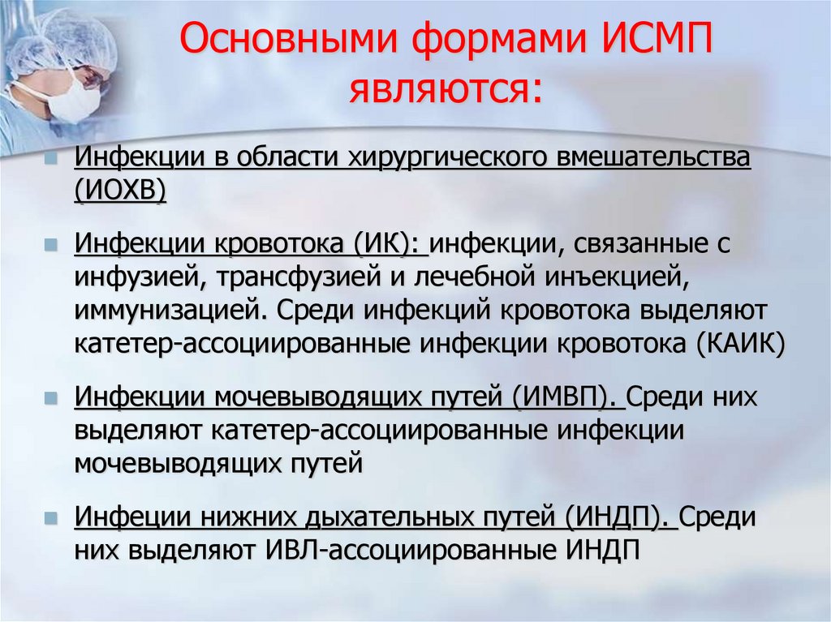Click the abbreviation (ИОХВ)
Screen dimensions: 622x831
click(x=121, y=192)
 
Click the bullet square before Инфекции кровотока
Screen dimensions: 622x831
click(x=51, y=243)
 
